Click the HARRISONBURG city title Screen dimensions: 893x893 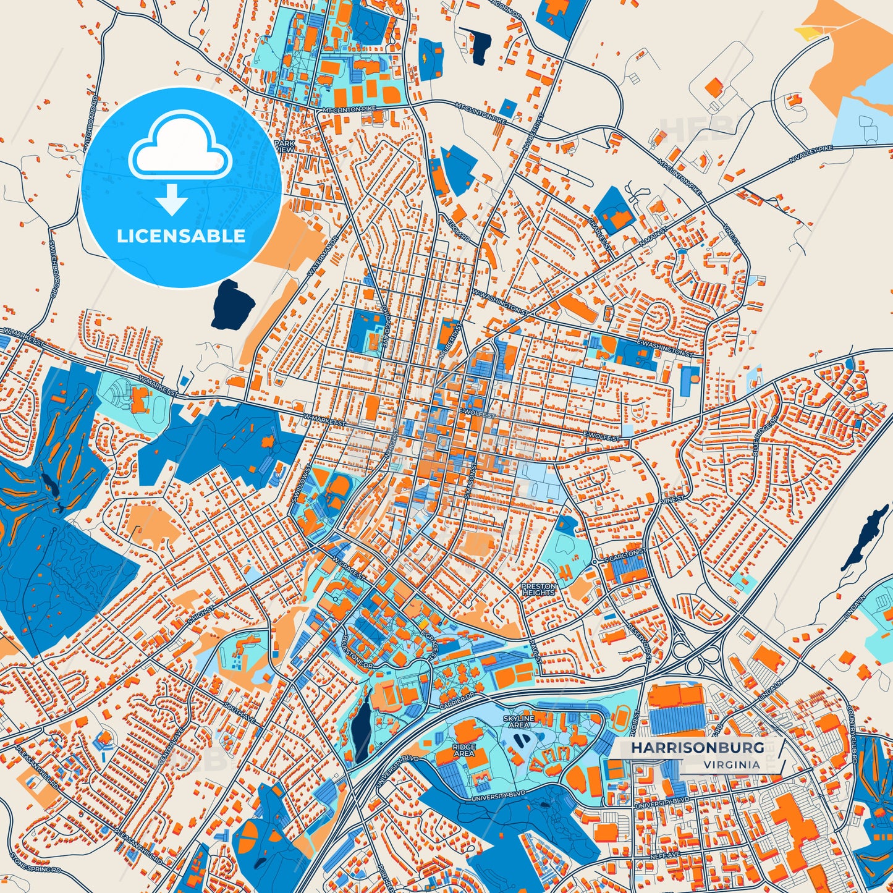pos(697,747)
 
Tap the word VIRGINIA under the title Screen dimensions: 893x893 pos(731,764)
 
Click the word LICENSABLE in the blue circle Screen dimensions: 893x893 pos(181,235)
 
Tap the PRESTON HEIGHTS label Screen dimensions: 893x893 pos(539,589)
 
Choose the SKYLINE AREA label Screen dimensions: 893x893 pos(518,721)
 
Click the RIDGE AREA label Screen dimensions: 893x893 pos(463,750)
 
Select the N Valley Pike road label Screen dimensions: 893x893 pos(811,154)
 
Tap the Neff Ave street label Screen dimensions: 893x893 pos(665,854)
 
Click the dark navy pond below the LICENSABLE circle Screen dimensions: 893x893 pos(233,305)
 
